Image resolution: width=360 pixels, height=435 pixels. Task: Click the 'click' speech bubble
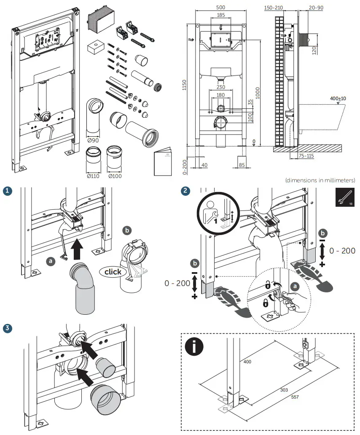113,272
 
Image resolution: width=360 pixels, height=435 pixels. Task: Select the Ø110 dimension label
92,176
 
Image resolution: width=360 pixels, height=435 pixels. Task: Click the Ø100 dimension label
115,176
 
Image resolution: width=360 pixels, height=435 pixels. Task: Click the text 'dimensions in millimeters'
320,180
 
